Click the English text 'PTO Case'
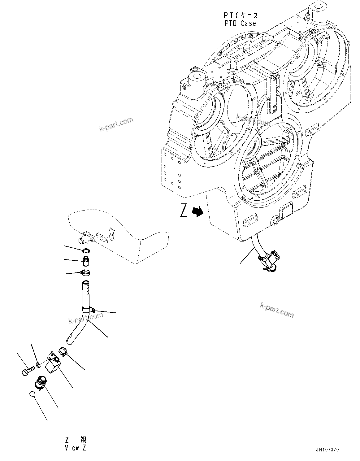[240, 24]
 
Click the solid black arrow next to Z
[197, 211]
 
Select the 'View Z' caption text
[76, 448]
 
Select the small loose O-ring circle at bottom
[32, 394]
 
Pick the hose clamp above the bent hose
[85, 273]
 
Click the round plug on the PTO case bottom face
[275, 221]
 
